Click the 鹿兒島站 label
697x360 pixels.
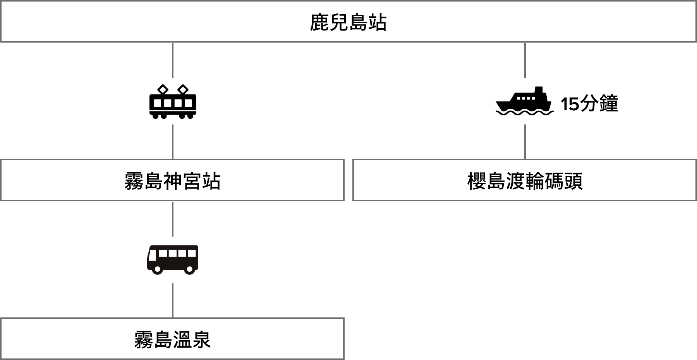(348, 22)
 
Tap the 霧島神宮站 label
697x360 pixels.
(172, 181)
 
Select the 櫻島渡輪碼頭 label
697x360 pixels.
(525, 181)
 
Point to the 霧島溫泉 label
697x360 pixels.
(172, 340)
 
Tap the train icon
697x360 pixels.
(173, 101)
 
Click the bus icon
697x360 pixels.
(173, 260)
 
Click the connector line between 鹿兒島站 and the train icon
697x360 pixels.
(173, 60)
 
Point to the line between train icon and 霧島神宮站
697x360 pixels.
(173, 142)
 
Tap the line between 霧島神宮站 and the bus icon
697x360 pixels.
(173, 219)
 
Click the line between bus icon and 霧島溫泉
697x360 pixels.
(173, 300)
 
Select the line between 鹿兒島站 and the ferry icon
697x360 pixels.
(525, 60)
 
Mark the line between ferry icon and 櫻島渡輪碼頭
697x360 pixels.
(525, 142)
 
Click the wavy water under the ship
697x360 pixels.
(525, 113)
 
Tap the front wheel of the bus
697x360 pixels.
(157, 269)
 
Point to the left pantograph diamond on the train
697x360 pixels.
(163, 89)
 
